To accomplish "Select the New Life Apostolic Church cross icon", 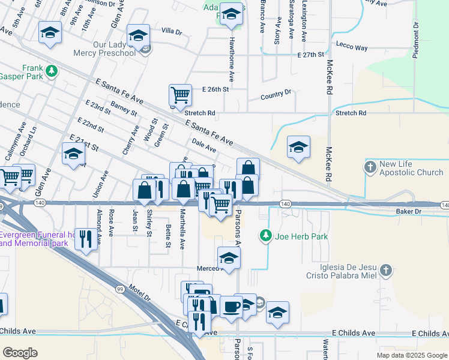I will (x=371, y=165).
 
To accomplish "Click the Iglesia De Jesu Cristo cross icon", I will (x=385, y=271).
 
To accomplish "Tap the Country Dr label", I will (x=276, y=95).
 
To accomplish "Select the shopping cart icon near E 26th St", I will (x=180, y=95).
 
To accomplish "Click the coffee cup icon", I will (x=231, y=307).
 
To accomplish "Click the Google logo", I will (x=20, y=352).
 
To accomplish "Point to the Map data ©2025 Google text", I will (x=411, y=355).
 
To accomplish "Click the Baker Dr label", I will (x=409, y=212).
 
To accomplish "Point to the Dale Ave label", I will (x=204, y=144).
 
